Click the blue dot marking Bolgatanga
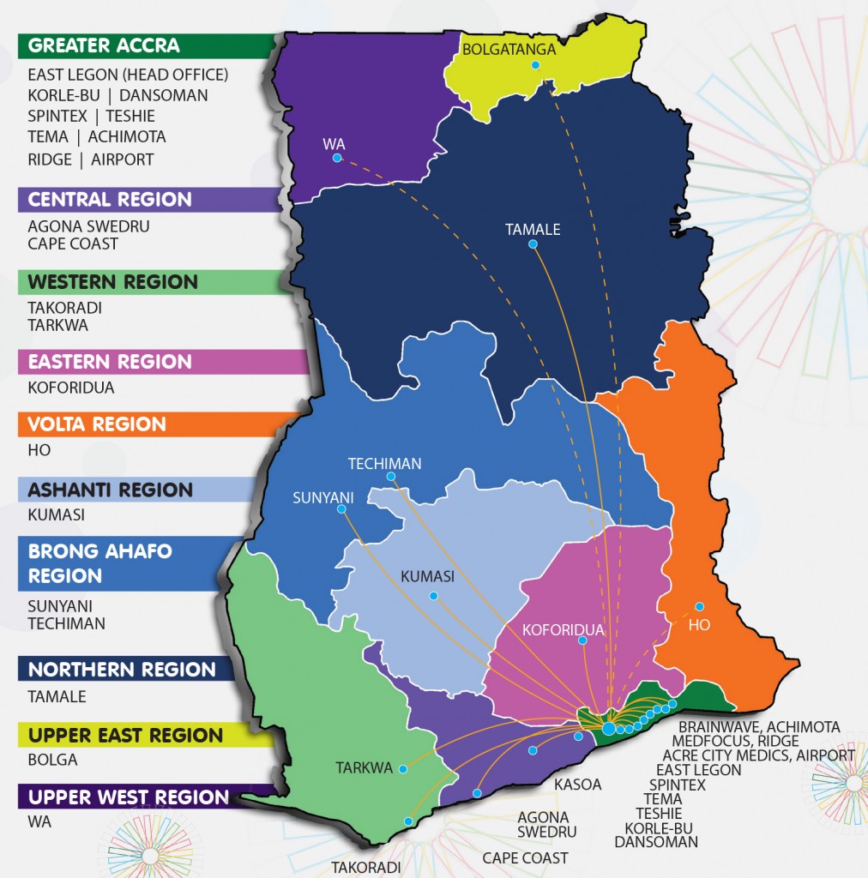pyautogui.click(x=535, y=65)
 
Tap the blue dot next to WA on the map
pyautogui.click(x=338, y=158)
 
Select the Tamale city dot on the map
pyautogui.click(x=533, y=244)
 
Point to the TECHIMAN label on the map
pyautogui.click(x=384, y=464)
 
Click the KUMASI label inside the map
pyautogui.click(x=427, y=577)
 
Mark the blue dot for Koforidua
pyautogui.click(x=582, y=640)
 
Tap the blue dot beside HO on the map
pyautogui.click(x=699, y=606)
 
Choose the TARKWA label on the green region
pyautogui.click(x=365, y=768)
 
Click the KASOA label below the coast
pyautogui.click(x=577, y=785)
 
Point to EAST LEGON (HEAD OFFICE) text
pyautogui.click(x=128, y=75)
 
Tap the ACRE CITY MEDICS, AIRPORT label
pyautogui.click(x=763, y=755)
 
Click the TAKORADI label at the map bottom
pyautogui.click(x=366, y=868)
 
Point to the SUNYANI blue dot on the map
pyautogui.click(x=341, y=509)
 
